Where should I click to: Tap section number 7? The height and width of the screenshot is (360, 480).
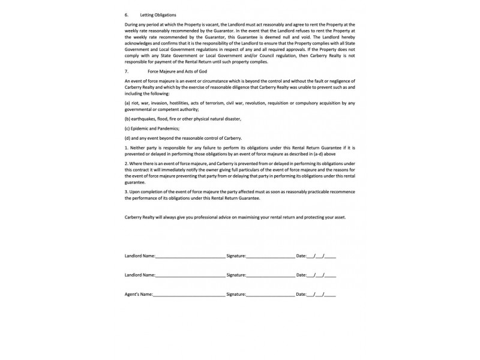[x=126, y=71]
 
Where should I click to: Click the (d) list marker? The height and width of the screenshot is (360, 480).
[x=128, y=138]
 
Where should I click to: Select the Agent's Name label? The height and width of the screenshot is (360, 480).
[x=138, y=295]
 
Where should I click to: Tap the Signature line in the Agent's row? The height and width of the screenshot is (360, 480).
[x=270, y=295]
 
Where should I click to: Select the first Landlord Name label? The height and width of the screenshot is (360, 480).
[x=140, y=256]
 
